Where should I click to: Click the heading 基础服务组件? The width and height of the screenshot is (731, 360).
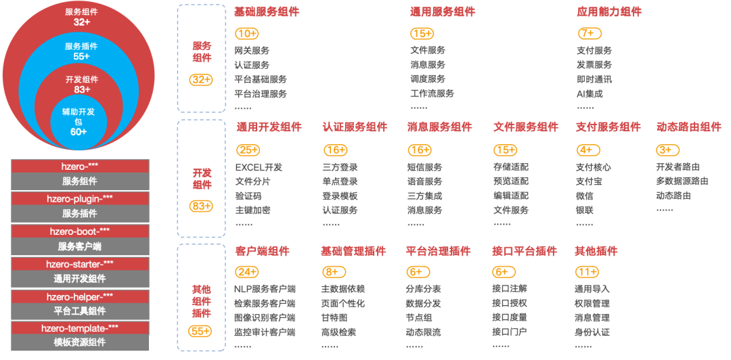266,12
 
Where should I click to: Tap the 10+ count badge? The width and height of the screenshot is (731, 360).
246,34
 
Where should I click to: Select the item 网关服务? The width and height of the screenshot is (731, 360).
252,51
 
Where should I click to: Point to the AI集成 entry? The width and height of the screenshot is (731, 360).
590,94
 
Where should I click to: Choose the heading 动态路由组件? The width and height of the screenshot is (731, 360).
689,127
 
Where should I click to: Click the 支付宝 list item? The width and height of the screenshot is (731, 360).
589,181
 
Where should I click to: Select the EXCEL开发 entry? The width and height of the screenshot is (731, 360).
259,167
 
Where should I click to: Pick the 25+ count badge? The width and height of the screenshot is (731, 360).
248,150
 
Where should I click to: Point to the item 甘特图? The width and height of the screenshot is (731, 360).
334,318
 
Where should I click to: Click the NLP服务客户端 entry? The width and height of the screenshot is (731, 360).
265,289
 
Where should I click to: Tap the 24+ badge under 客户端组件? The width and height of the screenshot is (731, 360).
247,272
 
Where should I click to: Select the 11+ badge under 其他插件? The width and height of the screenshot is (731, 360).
586,272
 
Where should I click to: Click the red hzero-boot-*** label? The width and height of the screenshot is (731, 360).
80,231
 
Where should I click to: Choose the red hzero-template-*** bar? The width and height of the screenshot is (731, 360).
80,328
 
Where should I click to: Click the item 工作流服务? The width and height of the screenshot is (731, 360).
432,94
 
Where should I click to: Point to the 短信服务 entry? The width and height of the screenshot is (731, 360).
424,167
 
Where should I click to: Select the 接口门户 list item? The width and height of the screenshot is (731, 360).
509,332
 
